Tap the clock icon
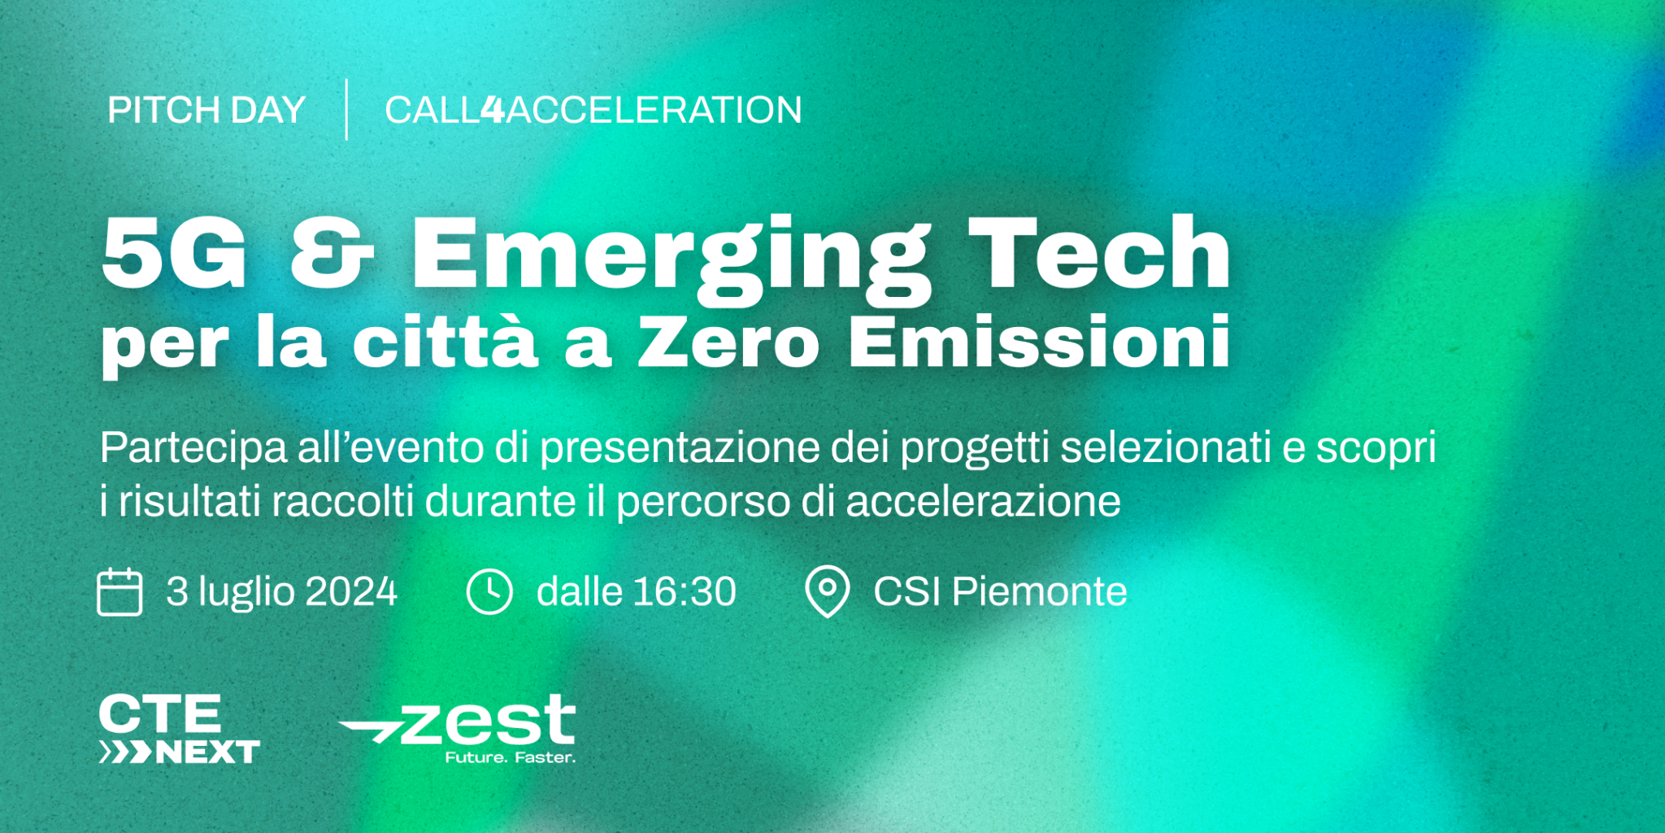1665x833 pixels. coord(489,591)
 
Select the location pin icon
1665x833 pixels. coord(827,592)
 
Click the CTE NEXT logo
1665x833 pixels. coord(180,729)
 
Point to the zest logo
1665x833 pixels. coord(457,729)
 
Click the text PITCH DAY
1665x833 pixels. coord(206,110)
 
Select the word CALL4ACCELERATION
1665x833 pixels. coord(593,110)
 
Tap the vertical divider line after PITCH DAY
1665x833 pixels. coord(346,109)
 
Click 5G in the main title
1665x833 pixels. coord(174,253)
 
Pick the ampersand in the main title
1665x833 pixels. coord(332,253)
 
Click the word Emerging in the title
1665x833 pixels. coord(672,259)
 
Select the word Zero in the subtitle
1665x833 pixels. coord(728,342)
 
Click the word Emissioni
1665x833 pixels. coord(1040,342)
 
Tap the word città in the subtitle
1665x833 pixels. coord(446,342)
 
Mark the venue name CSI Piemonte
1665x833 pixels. coord(1000,591)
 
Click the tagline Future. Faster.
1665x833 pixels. coord(510,757)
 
